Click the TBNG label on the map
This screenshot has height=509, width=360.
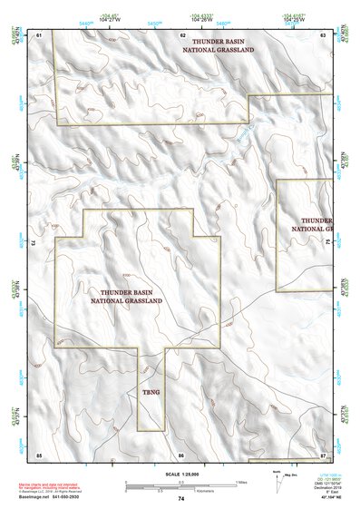pos(151,391)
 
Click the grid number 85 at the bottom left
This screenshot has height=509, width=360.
pos(39,453)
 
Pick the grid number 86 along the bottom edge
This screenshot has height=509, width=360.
pos(181,453)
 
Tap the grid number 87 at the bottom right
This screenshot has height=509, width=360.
pos(323,453)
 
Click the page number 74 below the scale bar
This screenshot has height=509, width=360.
pos(181,499)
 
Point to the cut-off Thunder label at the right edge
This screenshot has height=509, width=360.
pos(316,224)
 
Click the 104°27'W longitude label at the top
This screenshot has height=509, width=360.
pos(111,18)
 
